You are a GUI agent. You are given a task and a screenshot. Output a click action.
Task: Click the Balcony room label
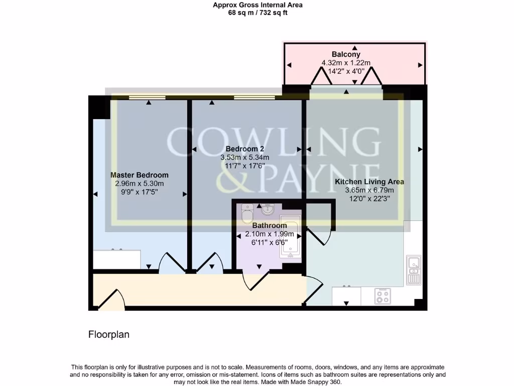click(346, 54)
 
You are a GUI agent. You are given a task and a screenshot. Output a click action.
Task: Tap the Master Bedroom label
click(140, 175)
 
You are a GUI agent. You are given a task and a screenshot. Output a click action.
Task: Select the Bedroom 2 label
click(244, 149)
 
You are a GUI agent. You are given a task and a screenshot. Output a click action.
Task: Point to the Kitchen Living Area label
click(369, 181)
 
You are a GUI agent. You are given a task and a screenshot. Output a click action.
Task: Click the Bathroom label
click(270, 226)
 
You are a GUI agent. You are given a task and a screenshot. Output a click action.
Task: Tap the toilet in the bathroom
click(247, 214)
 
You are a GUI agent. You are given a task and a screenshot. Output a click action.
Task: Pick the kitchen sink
click(414, 270)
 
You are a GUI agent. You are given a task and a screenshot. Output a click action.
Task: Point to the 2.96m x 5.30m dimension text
click(140, 183)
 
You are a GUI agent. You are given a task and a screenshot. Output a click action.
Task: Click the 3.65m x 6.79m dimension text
click(369, 190)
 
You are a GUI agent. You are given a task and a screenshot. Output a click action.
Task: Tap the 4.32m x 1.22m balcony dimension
click(346, 63)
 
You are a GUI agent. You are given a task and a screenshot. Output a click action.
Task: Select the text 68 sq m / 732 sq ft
click(258, 13)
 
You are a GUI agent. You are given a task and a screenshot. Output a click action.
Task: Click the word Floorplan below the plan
click(109, 334)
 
